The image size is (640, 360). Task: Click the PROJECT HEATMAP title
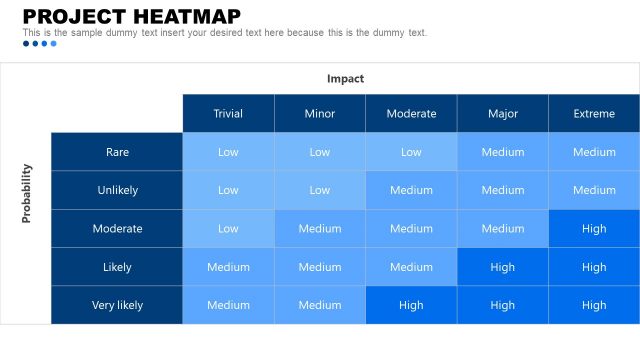pyautogui.click(x=131, y=16)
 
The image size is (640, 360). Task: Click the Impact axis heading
pyautogui.click(x=345, y=78)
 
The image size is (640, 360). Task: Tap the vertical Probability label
pyautogui.click(x=27, y=192)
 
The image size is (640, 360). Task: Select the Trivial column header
pyautogui.click(x=228, y=114)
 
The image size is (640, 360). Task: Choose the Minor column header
pyautogui.click(x=320, y=114)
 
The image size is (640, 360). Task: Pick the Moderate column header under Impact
pyautogui.click(x=411, y=114)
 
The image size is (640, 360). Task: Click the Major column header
pyautogui.click(x=503, y=114)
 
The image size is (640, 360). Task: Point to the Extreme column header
pyautogui.click(x=594, y=114)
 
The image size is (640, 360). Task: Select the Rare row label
pyautogui.click(x=117, y=152)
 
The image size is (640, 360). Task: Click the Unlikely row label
pyautogui.click(x=117, y=190)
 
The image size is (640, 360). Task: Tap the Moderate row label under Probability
pyautogui.click(x=117, y=229)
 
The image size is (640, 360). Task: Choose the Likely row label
pyautogui.click(x=117, y=267)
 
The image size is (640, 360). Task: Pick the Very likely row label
pyautogui.click(x=117, y=305)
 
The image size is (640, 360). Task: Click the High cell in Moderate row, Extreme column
pyautogui.click(x=594, y=229)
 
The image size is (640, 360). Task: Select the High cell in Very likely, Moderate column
pyautogui.click(x=411, y=305)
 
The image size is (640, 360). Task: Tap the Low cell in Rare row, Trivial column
pyautogui.click(x=228, y=152)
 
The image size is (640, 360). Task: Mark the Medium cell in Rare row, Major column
pyautogui.click(x=503, y=152)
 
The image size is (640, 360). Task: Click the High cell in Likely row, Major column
pyautogui.click(x=503, y=267)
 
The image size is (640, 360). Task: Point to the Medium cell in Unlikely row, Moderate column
pyautogui.click(x=411, y=190)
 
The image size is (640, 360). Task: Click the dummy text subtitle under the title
pyautogui.click(x=225, y=33)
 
